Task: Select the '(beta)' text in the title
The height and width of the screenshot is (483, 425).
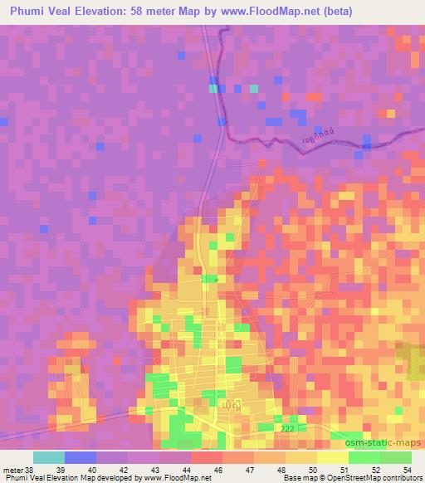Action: point(327,12)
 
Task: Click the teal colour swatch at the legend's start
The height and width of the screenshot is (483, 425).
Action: point(49,457)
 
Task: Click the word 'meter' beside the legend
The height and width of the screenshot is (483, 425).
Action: point(12,470)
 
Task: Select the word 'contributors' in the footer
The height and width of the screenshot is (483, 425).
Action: point(402,478)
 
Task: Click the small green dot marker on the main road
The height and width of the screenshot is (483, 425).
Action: point(216,280)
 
